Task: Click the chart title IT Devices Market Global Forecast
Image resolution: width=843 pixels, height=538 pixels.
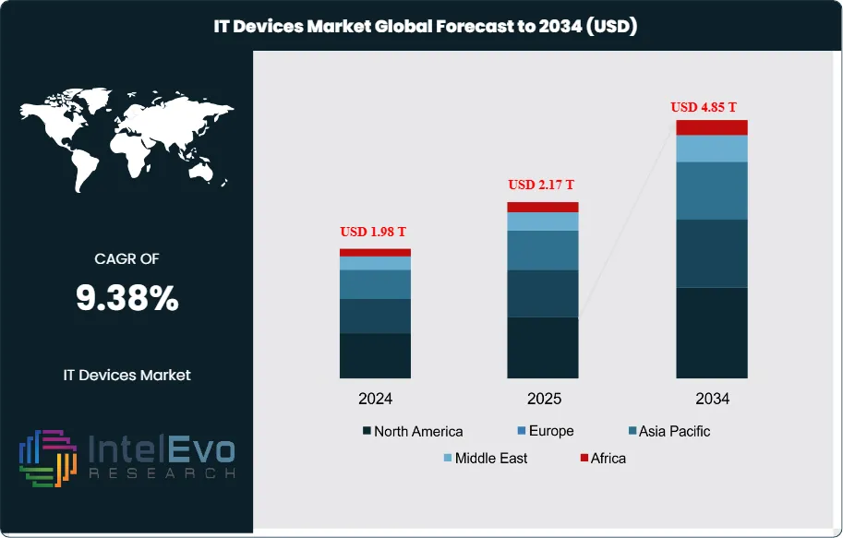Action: (x=421, y=27)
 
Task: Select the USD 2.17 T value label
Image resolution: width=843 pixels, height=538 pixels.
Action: (x=543, y=185)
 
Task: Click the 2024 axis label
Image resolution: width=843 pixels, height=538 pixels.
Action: (x=376, y=399)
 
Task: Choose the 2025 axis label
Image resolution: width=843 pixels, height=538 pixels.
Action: (x=543, y=399)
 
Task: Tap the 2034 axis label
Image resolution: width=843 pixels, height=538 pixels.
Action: (x=712, y=399)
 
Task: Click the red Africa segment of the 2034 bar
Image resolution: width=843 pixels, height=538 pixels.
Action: (x=712, y=127)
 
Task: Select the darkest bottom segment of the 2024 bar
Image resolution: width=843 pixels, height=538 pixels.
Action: (x=376, y=355)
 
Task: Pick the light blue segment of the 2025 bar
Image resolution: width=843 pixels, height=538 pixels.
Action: (x=543, y=221)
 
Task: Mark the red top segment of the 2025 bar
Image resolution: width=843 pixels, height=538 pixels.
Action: (x=543, y=207)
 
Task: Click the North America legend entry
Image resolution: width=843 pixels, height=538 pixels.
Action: (x=413, y=431)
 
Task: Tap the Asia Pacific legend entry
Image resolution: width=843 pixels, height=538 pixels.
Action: (x=668, y=431)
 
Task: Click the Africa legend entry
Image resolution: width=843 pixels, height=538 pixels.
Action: (x=601, y=458)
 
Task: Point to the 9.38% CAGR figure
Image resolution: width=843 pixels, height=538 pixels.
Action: (x=126, y=298)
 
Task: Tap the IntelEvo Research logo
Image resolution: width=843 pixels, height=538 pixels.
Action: (x=126, y=458)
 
